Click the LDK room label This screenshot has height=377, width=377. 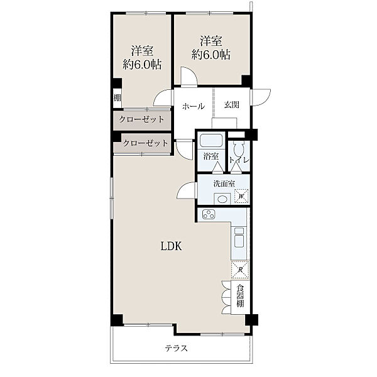pyautogui.click(x=171, y=246)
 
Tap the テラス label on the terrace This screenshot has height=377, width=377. pyautogui.click(x=176, y=348)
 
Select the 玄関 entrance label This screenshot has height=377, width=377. pyautogui.click(x=232, y=105)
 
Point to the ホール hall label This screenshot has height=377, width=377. pyautogui.click(x=194, y=106)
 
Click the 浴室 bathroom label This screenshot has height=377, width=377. pyautogui.click(x=211, y=156)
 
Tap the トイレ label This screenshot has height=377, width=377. pyautogui.click(x=239, y=160)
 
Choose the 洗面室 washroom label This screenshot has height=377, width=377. pyautogui.click(x=224, y=184)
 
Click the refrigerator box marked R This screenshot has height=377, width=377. pyautogui.click(x=240, y=270)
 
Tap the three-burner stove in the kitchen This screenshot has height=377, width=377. pyautogui.click(x=209, y=214)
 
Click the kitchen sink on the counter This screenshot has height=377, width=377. pyautogui.click(x=239, y=238)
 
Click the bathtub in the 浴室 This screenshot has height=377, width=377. pyautogui.click(x=211, y=140)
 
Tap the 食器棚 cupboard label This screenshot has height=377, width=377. pyautogui.click(x=240, y=296)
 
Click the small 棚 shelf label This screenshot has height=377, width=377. pyautogui.click(x=117, y=98)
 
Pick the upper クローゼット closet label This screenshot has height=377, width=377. pyautogui.click(x=141, y=119)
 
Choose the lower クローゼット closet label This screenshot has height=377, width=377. pyautogui.click(x=145, y=143)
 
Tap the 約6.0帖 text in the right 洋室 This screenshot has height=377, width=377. pyautogui.click(x=210, y=55)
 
